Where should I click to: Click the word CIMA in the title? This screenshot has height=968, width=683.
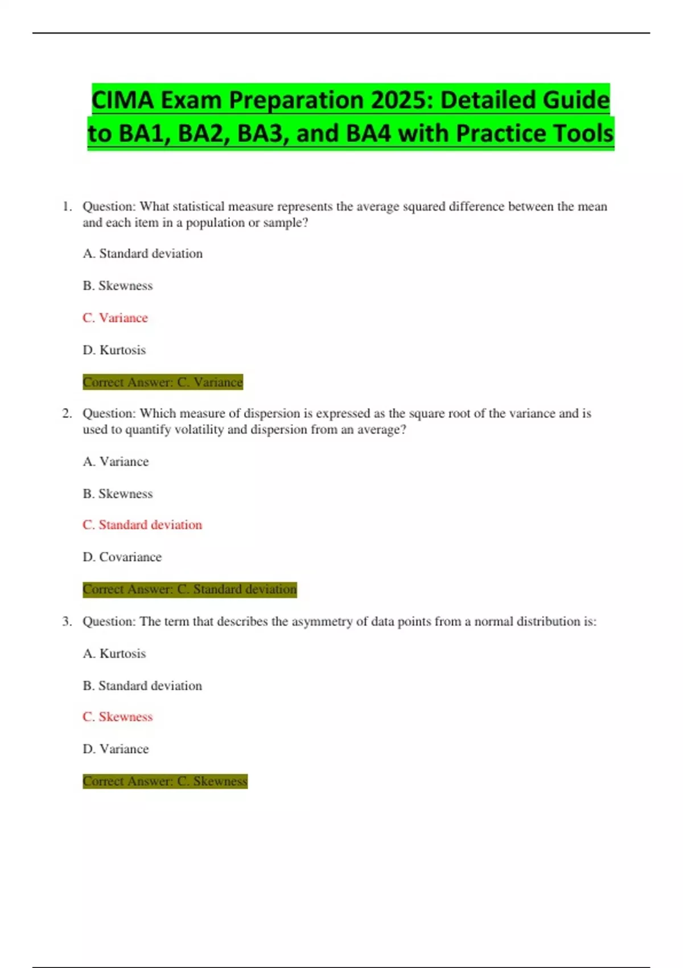(123, 100)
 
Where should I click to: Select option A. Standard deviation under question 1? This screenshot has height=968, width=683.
(142, 253)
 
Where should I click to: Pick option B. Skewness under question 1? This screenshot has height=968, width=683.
(118, 285)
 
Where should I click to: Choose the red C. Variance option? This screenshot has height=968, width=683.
(115, 318)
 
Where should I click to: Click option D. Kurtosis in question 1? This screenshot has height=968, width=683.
(114, 350)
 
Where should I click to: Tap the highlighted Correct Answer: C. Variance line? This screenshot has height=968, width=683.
(163, 382)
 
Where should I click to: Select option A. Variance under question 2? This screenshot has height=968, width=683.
(116, 461)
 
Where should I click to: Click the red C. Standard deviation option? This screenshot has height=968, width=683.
(142, 524)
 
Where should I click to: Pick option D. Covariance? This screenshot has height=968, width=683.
(122, 557)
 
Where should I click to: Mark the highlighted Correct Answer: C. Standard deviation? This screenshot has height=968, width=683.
(190, 589)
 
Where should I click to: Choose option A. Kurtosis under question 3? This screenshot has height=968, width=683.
(114, 653)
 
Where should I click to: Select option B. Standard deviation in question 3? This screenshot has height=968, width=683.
(142, 686)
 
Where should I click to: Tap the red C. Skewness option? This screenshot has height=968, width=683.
(118, 716)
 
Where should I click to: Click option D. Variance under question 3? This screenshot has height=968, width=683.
(116, 749)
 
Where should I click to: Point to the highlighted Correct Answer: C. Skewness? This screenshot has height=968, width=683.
(165, 781)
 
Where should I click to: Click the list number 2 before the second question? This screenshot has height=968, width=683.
(67, 413)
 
